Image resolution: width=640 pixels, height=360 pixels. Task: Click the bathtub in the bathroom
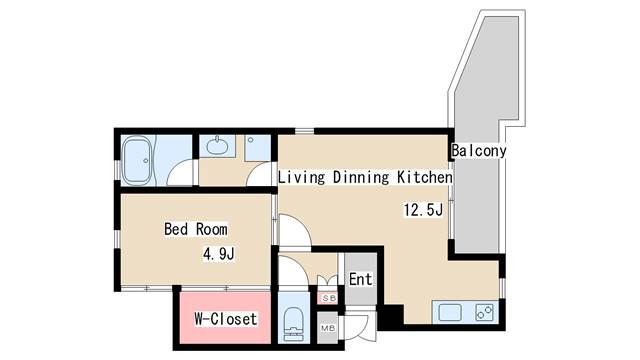tap(137, 161)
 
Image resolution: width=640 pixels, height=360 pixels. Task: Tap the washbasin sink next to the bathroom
tap(217, 146)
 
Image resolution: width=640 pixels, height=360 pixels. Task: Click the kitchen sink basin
tap(450, 313)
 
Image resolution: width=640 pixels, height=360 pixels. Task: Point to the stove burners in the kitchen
tap(484, 312)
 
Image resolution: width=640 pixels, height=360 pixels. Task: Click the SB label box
tap(328, 298)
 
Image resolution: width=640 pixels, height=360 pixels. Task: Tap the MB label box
tap(328, 328)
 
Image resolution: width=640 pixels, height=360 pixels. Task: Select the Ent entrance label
tap(360, 280)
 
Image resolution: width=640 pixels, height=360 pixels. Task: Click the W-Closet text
tap(226, 319)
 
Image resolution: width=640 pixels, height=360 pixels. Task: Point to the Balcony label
tap(478, 151)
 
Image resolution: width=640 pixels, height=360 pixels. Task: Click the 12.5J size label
tap(423, 210)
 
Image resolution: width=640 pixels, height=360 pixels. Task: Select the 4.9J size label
tap(219, 254)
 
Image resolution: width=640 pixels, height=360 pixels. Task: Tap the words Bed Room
tap(196, 229)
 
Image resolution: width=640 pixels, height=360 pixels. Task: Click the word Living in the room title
tap(302, 178)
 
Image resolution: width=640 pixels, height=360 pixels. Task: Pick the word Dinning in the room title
tap(361, 178)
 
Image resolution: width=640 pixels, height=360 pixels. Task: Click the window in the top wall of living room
tap(304, 131)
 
